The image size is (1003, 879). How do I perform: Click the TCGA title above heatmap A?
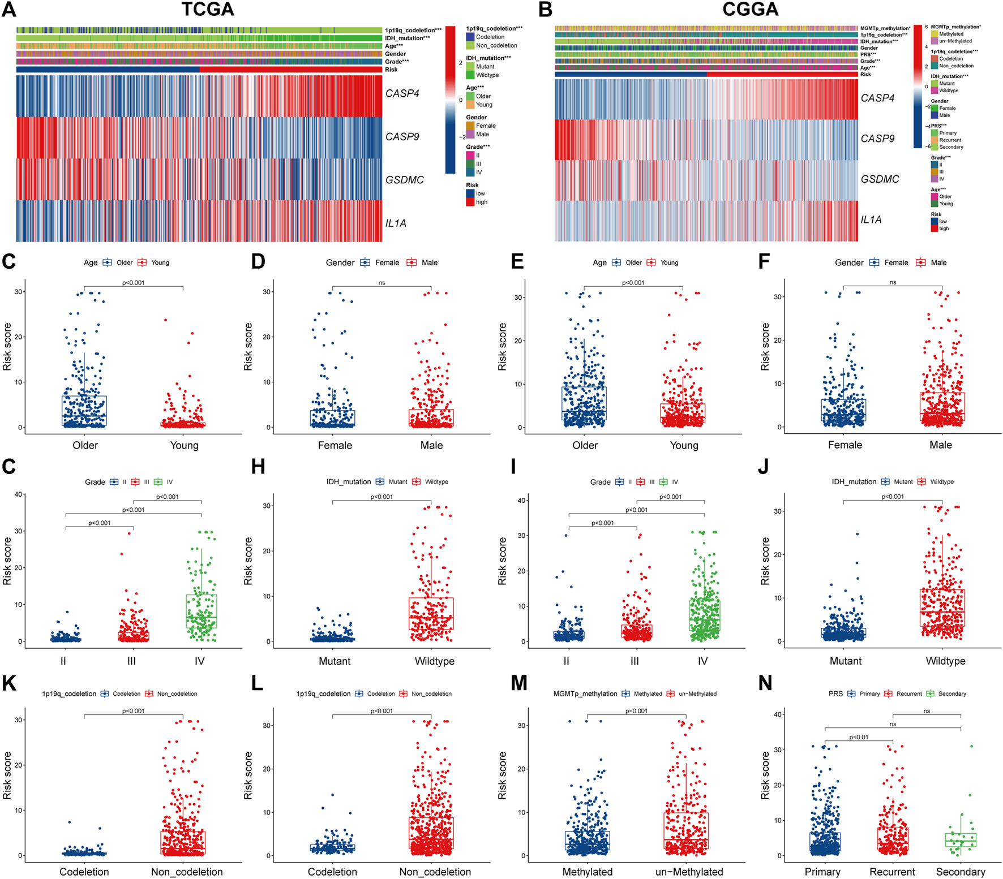[x=208, y=10]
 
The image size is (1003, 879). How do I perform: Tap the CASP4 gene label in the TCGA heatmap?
[x=402, y=93]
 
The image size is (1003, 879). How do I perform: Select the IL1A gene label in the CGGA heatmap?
[x=871, y=219]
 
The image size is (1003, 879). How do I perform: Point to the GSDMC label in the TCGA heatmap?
[x=404, y=180]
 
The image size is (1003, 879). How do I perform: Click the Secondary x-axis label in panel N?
[x=960, y=872]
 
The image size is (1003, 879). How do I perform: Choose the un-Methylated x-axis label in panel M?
[x=689, y=872]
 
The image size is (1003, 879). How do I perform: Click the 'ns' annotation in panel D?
[x=382, y=283]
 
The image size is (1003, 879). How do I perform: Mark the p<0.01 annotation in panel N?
[x=858, y=737]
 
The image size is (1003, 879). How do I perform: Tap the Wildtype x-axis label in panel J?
[x=945, y=661]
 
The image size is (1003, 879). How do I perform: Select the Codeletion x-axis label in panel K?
[x=84, y=872]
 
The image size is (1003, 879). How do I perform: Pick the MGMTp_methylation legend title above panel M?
[x=585, y=693]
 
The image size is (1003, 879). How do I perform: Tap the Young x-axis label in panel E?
[x=684, y=445]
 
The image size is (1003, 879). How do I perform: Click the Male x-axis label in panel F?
[x=940, y=445]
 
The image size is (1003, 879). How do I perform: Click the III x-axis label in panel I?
[x=635, y=661]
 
